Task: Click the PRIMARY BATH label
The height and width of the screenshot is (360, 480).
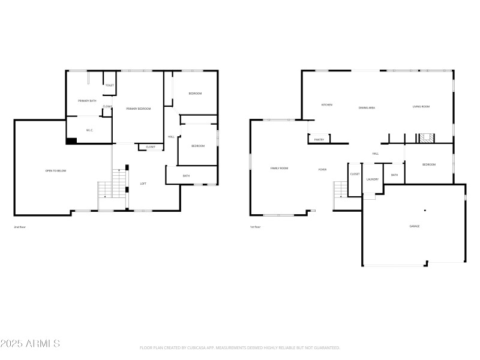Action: tap(87, 101)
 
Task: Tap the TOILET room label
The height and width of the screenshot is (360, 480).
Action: tap(109, 85)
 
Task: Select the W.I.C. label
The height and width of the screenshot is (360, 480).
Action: tap(89, 130)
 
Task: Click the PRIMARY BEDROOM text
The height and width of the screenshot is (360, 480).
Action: tap(138, 109)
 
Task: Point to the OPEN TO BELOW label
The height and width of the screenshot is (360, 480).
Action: tap(56, 171)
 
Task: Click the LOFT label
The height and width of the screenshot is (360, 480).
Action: tap(143, 184)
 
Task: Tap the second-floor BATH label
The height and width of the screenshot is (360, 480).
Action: tap(186, 176)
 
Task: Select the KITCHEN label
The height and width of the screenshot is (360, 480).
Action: tap(326, 105)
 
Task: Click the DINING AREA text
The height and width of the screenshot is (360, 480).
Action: tap(367, 107)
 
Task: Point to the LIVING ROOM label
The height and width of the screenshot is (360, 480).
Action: tap(421, 107)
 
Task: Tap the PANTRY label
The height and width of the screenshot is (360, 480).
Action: tap(319, 140)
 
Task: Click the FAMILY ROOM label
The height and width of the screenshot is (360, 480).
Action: tap(279, 169)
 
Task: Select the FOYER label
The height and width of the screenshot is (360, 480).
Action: tap(322, 170)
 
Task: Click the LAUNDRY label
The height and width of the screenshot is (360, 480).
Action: tap(372, 179)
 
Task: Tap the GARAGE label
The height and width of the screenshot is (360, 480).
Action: tap(414, 226)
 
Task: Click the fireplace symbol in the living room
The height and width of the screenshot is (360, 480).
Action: tap(427, 138)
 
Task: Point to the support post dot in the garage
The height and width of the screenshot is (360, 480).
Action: tap(425, 210)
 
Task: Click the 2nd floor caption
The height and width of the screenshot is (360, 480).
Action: tap(20, 227)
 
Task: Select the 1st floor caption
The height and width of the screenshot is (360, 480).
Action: tap(255, 227)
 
